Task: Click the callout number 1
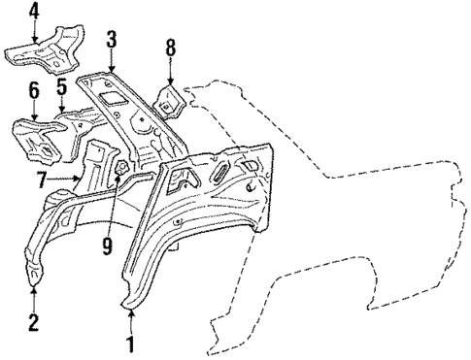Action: pos(130,343)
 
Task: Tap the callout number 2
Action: pos(33,322)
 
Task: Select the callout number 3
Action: pos(113,40)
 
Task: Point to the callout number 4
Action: pos(34,13)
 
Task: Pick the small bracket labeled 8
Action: pos(169,97)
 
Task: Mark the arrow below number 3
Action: pos(114,60)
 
